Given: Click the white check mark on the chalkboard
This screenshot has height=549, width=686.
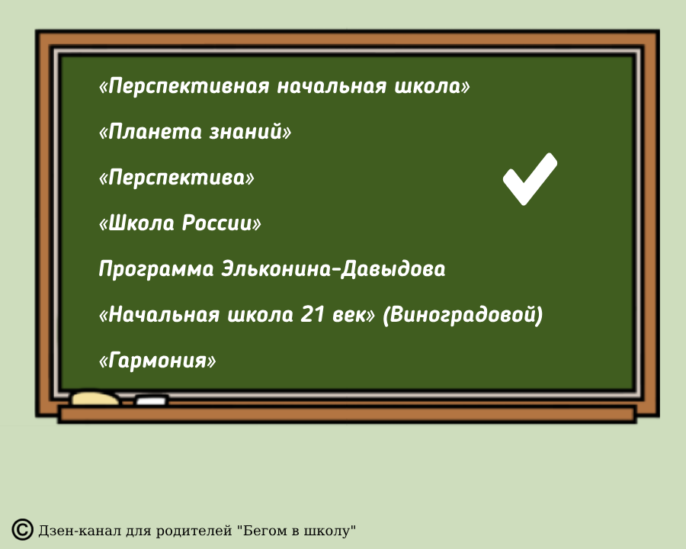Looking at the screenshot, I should (529, 180).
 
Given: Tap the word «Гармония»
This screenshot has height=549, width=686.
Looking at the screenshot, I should (158, 360).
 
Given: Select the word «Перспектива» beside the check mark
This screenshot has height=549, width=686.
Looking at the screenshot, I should (176, 178).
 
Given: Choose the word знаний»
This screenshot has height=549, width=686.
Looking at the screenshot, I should (251, 132).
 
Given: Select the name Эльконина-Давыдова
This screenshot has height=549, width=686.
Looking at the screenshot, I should (333, 269).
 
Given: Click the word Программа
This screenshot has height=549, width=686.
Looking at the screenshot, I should (156, 269).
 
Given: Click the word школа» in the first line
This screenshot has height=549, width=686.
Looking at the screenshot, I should (431, 86).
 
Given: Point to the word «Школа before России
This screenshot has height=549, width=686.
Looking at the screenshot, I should (137, 223).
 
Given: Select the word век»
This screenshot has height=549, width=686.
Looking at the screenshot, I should (355, 314).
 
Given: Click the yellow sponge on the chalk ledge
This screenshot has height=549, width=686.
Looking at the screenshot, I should (95, 397).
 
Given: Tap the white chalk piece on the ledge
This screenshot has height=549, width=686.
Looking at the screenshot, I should (151, 400).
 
